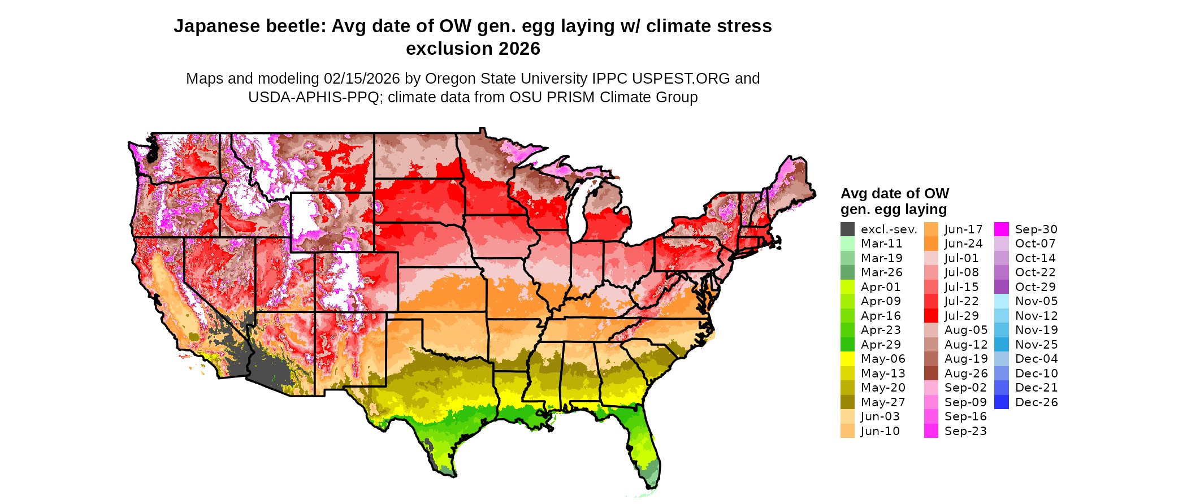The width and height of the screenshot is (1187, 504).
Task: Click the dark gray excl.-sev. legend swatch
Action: pyautogui.click(x=847, y=229)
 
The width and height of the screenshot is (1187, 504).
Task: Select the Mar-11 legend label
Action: pyautogui.click(x=881, y=244)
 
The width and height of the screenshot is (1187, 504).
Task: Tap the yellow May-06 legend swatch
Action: pyautogui.click(x=847, y=359)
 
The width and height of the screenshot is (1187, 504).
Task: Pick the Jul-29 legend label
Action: pyautogui.click(x=961, y=316)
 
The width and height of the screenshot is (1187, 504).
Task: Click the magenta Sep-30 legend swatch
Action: pyautogui.click(x=1001, y=229)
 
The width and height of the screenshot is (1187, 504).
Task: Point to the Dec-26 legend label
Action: pyautogui.click(x=1036, y=402)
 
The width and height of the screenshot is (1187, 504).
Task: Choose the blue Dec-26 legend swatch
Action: pyautogui.click(x=1001, y=402)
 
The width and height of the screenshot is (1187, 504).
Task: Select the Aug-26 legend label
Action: pyautogui.click(x=966, y=373)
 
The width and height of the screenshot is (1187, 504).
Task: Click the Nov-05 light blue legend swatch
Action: pyautogui.click(x=1001, y=301)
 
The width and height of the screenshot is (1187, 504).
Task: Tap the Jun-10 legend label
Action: pyautogui.click(x=880, y=431)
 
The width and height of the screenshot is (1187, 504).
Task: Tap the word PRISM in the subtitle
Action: pyautogui.click(x=570, y=97)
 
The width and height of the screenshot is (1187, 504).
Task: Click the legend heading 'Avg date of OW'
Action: pyautogui.click(x=894, y=194)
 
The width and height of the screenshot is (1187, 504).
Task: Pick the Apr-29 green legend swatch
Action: pyautogui.click(x=847, y=345)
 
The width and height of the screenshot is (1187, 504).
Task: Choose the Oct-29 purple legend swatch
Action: pyautogui.click(x=1001, y=287)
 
